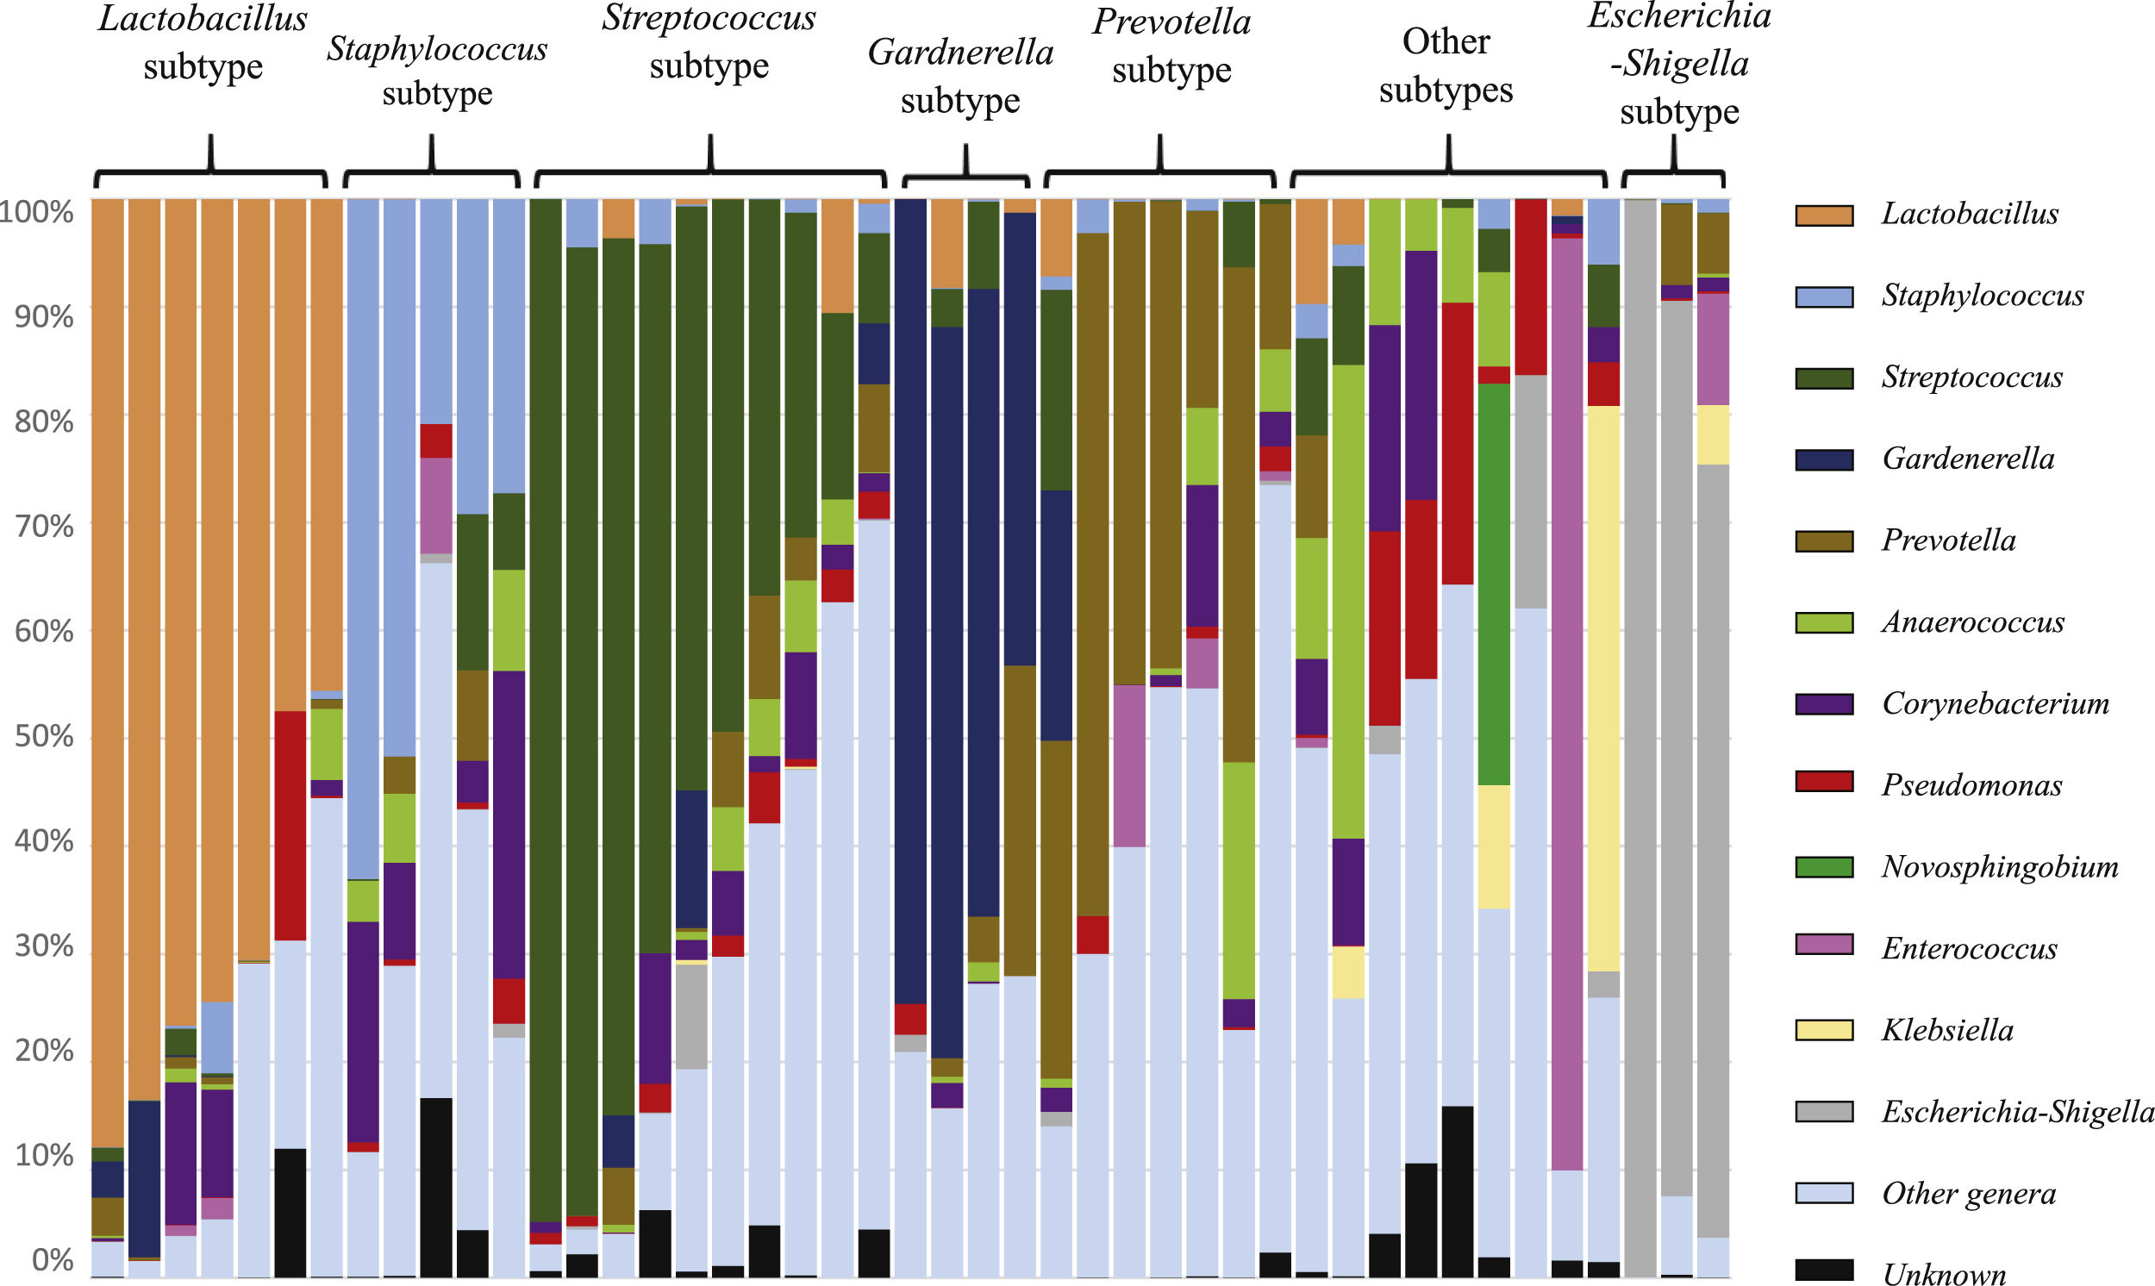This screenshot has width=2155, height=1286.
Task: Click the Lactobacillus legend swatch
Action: (x=1823, y=215)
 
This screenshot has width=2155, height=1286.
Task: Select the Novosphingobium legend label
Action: (x=1999, y=866)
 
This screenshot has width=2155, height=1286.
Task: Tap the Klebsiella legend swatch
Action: (x=1823, y=1029)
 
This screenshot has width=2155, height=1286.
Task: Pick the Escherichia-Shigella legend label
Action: (x=2016, y=1111)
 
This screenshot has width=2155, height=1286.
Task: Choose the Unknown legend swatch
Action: (x=1823, y=1270)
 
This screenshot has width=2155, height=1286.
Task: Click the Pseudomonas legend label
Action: (x=1971, y=785)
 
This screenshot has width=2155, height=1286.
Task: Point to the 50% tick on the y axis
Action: (x=43, y=737)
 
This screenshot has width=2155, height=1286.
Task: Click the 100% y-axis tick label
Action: (x=36, y=211)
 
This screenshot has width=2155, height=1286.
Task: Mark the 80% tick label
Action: (x=43, y=422)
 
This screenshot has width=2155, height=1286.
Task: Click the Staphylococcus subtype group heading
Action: (x=437, y=71)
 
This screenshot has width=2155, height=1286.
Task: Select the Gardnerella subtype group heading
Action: (x=960, y=76)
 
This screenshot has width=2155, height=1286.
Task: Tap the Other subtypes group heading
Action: (x=1446, y=65)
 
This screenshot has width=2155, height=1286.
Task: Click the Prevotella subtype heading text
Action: (x=1171, y=46)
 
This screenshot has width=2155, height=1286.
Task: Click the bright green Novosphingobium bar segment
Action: (x=1494, y=584)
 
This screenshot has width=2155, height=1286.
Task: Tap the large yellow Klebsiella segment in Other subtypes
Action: (x=1603, y=688)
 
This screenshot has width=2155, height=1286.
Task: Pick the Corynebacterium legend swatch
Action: (x=1823, y=703)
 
